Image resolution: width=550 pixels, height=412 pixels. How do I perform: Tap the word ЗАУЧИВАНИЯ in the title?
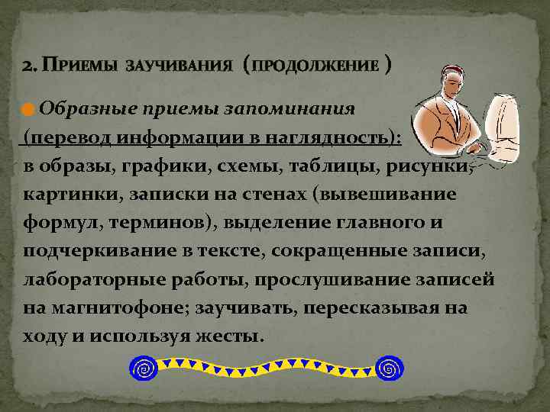179,65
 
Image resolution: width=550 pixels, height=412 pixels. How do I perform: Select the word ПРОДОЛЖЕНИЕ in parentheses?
315,65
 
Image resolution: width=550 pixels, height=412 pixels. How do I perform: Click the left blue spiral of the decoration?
144,369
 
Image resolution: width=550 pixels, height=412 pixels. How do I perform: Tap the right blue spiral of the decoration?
390,369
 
